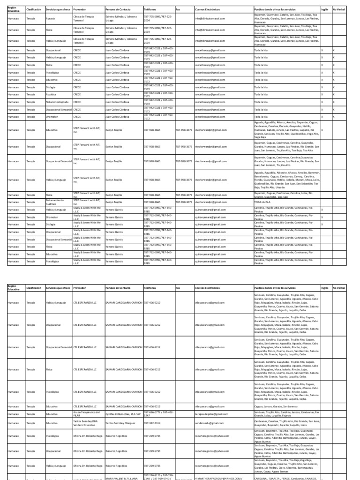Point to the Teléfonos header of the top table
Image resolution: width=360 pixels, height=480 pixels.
pyautogui.click(x=150, y=9)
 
